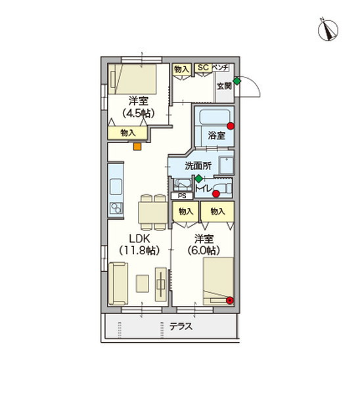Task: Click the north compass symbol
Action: click(328, 30)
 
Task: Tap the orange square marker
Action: click(137, 146)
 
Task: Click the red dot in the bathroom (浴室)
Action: click(231, 126)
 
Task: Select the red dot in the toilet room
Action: click(216, 194)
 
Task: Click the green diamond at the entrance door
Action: click(236, 81)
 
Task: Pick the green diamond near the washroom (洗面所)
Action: click(199, 179)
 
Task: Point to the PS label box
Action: click(182, 196)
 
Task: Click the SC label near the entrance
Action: click(203, 68)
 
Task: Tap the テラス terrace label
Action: click(181, 326)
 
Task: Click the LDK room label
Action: click(139, 238)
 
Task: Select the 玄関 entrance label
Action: click(224, 86)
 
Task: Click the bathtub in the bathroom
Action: click(215, 116)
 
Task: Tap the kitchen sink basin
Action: click(116, 186)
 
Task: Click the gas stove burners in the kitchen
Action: click(116, 208)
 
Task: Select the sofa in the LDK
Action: click(118, 284)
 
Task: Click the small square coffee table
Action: click(143, 284)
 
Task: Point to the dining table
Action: click(153, 213)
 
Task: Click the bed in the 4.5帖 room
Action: click(132, 79)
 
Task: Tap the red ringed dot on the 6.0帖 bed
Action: click(230, 300)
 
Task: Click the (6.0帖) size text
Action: click(204, 250)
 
